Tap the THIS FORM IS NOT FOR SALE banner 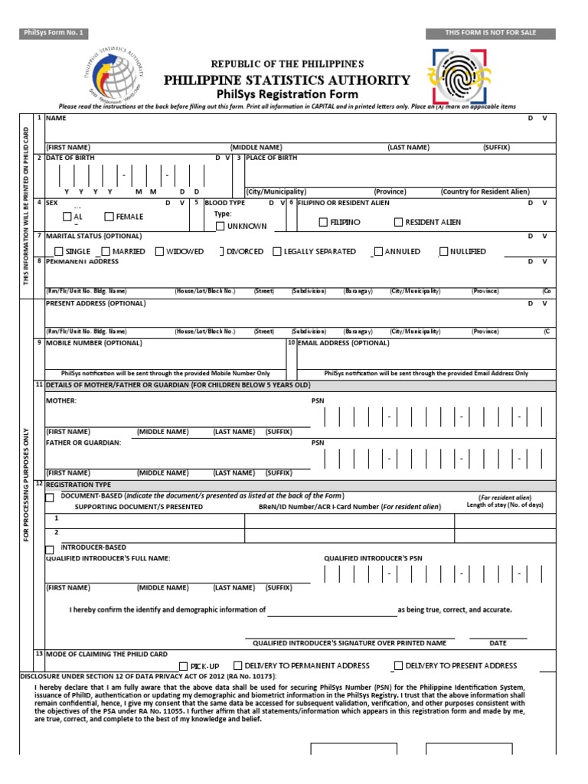click(491, 33)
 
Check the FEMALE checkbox click(109, 217)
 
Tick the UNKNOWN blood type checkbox click(220, 226)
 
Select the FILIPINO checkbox click(323, 222)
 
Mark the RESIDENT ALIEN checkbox click(398, 222)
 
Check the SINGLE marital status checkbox click(59, 251)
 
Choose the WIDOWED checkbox click(159, 251)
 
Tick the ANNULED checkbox click(378, 251)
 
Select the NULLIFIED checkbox click(443, 251)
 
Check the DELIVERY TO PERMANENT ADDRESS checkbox click(238, 665)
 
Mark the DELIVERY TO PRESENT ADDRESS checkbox click(398, 665)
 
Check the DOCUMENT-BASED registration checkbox click(50, 498)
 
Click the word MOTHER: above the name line click(61, 400)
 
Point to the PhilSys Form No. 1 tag click(53, 33)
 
